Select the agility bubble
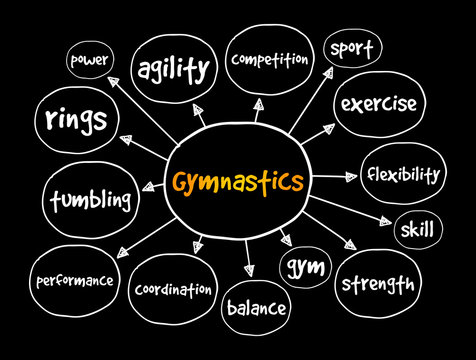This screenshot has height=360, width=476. (176, 69)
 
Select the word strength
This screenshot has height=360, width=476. (378, 284)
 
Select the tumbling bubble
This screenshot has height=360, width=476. (90, 200)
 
